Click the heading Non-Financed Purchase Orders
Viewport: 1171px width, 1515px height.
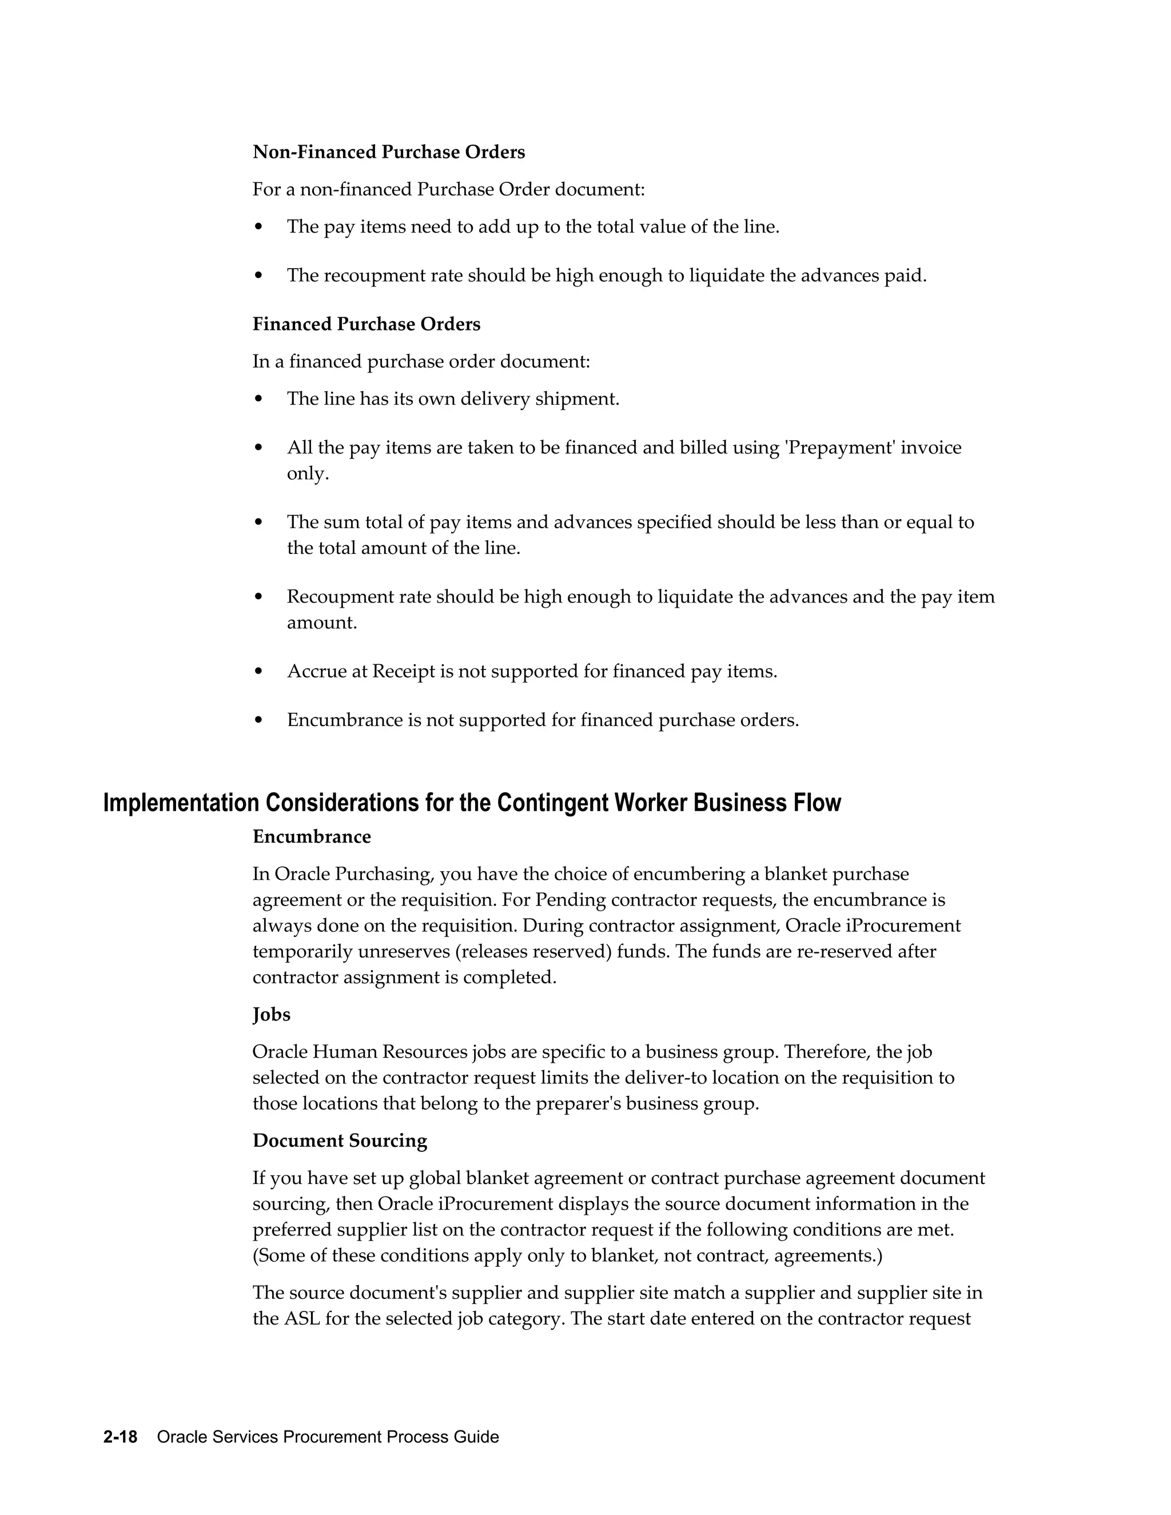click(388, 152)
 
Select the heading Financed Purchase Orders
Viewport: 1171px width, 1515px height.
click(367, 324)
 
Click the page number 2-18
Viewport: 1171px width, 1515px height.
click(120, 1437)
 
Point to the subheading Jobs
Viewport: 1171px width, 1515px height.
click(271, 1014)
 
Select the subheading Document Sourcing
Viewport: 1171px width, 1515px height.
click(340, 1141)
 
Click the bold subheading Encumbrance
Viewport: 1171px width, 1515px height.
click(312, 836)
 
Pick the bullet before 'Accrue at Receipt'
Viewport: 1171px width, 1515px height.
click(259, 672)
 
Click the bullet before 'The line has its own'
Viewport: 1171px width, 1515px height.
click(259, 399)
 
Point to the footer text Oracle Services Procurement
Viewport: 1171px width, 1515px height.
click(292, 1437)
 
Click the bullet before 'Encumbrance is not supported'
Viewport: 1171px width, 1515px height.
click(259, 720)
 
